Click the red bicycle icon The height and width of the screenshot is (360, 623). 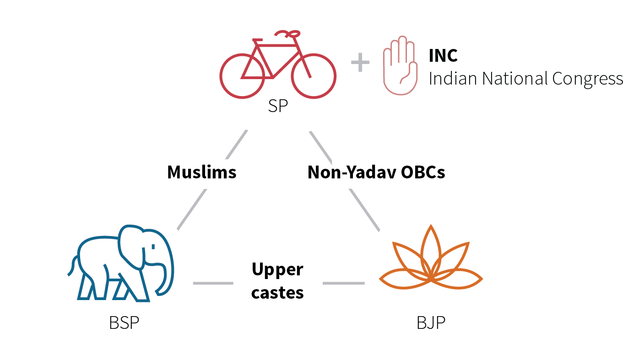pyautogui.click(x=278, y=64)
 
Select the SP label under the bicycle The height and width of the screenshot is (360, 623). pyautogui.click(x=278, y=107)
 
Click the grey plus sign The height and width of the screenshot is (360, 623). pyautogui.click(x=360, y=63)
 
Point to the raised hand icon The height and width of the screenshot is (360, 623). pyautogui.click(x=401, y=65)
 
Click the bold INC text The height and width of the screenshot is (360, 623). pyautogui.click(x=443, y=55)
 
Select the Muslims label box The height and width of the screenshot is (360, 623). pyautogui.click(x=202, y=173)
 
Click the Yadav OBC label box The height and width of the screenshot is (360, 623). pyautogui.click(x=376, y=173)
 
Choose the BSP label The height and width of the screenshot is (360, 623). pyautogui.click(x=124, y=323)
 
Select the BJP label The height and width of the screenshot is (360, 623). pyautogui.click(x=431, y=323)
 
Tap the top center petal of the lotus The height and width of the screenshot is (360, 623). pyautogui.click(x=430, y=247)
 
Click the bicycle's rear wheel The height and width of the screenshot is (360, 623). pyautogui.click(x=242, y=75)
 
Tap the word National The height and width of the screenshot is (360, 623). pyautogui.click(x=516, y=78)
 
